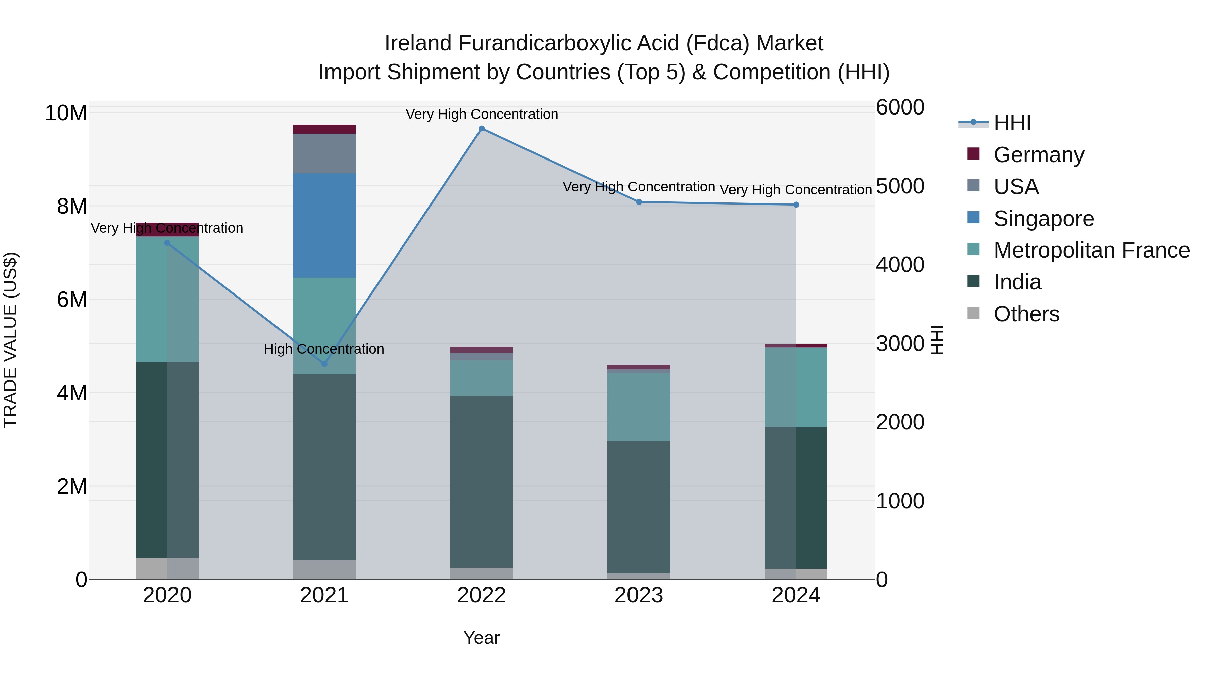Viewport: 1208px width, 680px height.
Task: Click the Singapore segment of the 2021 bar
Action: coord(324,225)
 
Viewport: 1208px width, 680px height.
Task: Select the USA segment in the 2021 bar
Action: coord(324,153)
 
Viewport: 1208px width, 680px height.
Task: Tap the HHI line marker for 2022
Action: coord(481,129)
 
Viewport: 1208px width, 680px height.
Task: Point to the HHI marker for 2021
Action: coord(324,364)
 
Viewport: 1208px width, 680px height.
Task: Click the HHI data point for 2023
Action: coord(639,202)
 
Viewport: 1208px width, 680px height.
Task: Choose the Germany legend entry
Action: coord(1038,155)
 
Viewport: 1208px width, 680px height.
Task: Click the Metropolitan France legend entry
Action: coord(1091,250)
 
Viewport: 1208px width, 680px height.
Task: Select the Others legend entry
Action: coord(1026,314)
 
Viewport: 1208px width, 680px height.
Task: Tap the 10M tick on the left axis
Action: coord(66,113)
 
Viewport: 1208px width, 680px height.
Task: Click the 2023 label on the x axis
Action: coord(639,595)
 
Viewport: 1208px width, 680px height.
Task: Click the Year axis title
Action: coord(481,638)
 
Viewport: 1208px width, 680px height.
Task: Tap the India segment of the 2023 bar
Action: coord(639,507)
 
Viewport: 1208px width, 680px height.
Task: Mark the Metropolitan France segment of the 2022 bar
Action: coord(481,378)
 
